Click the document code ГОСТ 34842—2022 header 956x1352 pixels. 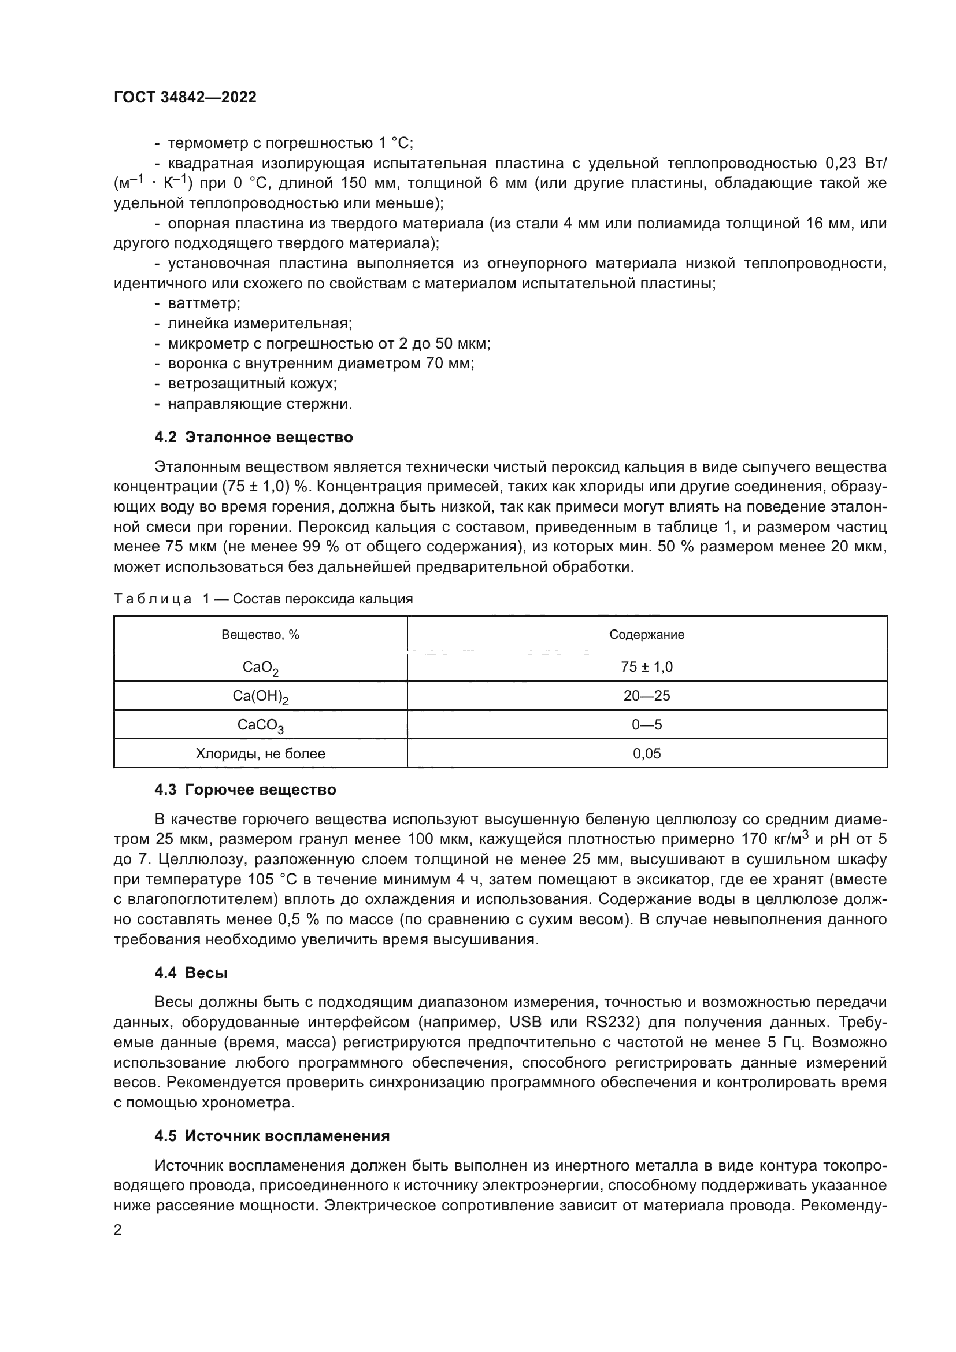pyautogui.click(x=185, y=98)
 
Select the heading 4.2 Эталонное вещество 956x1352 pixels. pyautogui.click(x=254, y=437)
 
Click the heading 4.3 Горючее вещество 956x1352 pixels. pyautogui.click(x=245, y=790)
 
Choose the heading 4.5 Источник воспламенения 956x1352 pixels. pyautogui.click(x=272, y=1136)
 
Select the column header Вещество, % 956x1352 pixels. pyautogui.click(x=260, y=634)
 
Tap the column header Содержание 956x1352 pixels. pyautogui.click(x=646, y=634)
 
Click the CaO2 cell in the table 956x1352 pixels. pyautogui.click(x=260, y=668)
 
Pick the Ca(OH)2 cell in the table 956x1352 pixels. pyautogui.click(x=260, y=697)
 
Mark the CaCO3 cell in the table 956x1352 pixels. pyautogui.click(x=260, y=725)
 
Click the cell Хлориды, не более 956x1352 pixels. pyautogui.click(x=260, y=754)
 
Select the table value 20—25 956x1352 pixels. pyautogui.click(x=646, y=696)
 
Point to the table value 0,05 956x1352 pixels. pyautogui.click(x=646, y=754)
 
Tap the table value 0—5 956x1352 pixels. pyautogui.click(x=646, y=725)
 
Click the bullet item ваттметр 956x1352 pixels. pyautogui.click(x=203, y=303)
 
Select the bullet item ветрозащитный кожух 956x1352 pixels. pyautogui.click(x=252, y=383)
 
